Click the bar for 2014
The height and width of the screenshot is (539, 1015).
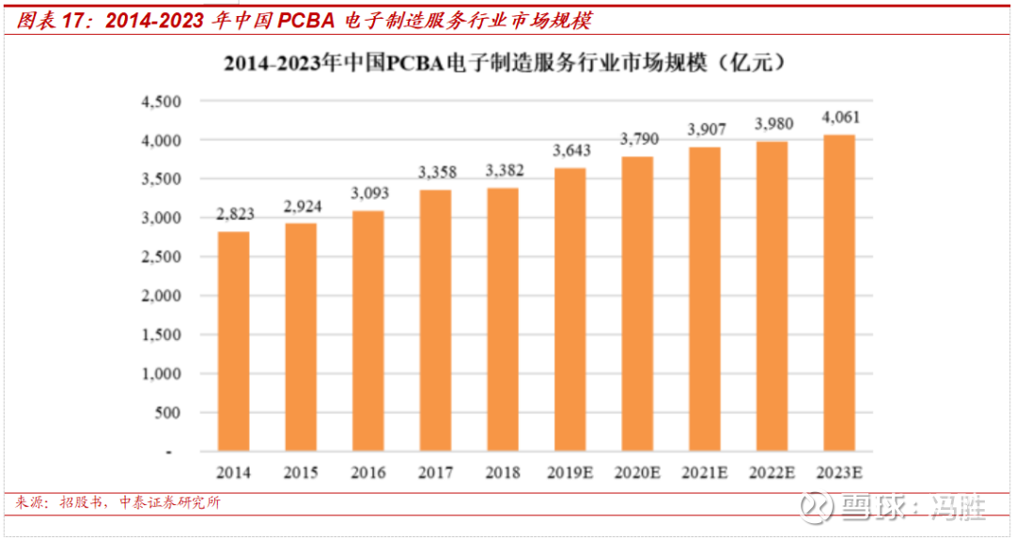tap(233, 341)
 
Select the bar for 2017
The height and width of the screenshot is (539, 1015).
tap(435, 320)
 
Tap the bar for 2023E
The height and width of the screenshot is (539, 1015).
tap(839, 293)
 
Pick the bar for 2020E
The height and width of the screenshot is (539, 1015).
tap(637, 303)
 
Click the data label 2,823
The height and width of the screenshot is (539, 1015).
tap(233, 215)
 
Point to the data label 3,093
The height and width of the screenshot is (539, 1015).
tap(367, 194)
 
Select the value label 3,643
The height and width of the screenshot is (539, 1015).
tap(570, 151)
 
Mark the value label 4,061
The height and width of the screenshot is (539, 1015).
tap(840, 118)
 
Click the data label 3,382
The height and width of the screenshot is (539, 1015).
tap(503, 171)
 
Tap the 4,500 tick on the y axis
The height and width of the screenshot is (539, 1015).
tap(161, 100)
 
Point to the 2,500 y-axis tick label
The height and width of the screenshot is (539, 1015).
tap(161, 256)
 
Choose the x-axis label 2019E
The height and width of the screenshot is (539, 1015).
tap(570, 472)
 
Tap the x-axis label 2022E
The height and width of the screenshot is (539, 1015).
tap(773, 472)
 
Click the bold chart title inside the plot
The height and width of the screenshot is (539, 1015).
tap(505, 65)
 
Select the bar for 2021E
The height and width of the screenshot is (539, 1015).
tap(705, 299)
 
